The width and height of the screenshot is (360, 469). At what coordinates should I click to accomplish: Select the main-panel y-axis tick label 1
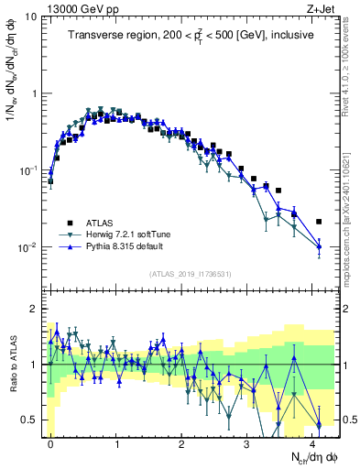pyautogui.click(x=35, y=93)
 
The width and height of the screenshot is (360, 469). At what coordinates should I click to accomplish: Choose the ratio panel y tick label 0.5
pyautogui.click(x=29, y=420)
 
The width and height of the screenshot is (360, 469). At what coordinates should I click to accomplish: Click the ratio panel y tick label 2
pyautogui.click(x=35, y=309)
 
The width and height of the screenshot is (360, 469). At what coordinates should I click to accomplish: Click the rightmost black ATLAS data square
pyautogui.click(x=318, y=222)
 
